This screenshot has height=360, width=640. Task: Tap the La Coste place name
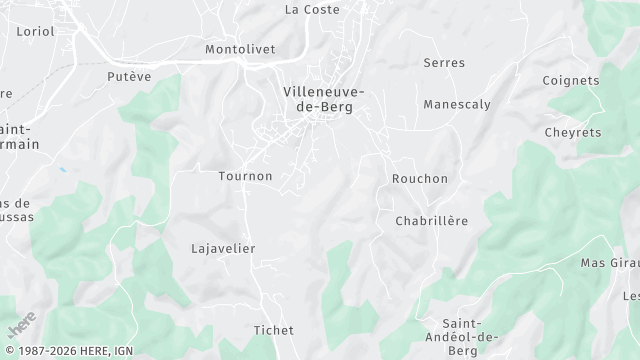tap(312, 9)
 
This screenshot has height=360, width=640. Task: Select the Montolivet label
tap(239, 48)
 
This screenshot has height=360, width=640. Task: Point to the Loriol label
tap(35, 31)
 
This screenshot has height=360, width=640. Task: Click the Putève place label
tap(128, 75)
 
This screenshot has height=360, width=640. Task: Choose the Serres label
tap(444, 62)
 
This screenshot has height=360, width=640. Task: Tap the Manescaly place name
tap(455, 104)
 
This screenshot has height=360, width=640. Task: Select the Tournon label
tap(245, 176)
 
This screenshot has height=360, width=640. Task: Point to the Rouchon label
tap(420, 178)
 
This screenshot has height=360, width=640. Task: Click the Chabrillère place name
tap(432, 221)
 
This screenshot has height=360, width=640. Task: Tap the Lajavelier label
tap(223, 248)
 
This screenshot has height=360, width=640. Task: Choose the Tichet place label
tap(273, 329)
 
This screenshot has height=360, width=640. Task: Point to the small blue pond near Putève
tap(62, 170)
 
